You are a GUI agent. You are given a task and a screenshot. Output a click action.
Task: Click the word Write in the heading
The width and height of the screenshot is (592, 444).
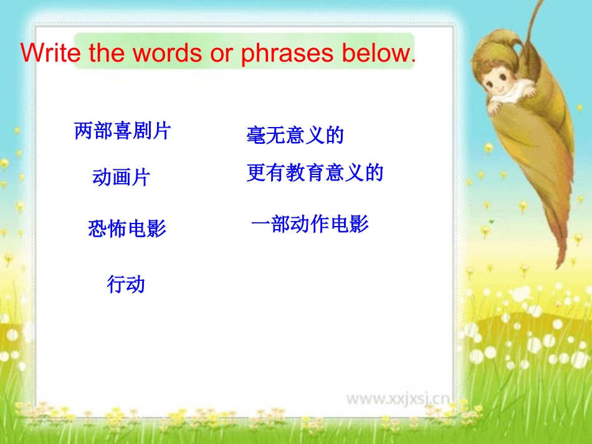click(x=50, y=52)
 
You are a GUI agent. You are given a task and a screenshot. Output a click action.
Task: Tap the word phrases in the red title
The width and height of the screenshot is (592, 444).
click(x=287, y=54)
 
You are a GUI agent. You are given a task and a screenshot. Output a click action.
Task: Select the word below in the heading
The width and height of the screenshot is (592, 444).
click(x=379, y=52)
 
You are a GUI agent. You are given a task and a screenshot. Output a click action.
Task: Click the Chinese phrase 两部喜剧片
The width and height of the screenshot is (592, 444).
click(x=122, y=131)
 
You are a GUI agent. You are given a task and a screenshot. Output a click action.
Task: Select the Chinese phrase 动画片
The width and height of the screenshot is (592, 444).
click(x=121, y=177)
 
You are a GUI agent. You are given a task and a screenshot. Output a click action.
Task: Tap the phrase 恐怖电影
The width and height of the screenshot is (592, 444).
click(x=127, y=228)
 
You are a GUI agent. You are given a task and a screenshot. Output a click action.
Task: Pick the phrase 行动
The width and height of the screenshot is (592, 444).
click(x=126, y=284)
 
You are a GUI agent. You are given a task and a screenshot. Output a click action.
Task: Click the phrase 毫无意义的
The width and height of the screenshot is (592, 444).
click(x=295, y=135)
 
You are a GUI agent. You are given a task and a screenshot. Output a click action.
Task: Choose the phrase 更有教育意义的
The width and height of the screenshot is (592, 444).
click(x=315, y=172)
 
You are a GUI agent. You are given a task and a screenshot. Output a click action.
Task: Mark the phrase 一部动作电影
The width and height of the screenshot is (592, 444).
click(x=310, y=224)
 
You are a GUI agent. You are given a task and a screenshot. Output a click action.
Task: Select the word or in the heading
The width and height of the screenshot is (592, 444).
click(x=221, y=54)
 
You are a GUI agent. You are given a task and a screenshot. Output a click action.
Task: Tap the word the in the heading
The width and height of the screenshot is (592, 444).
click(x=107, y=52)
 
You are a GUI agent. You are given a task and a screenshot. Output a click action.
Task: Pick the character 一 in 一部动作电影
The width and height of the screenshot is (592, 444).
click(x=260, y=224)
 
